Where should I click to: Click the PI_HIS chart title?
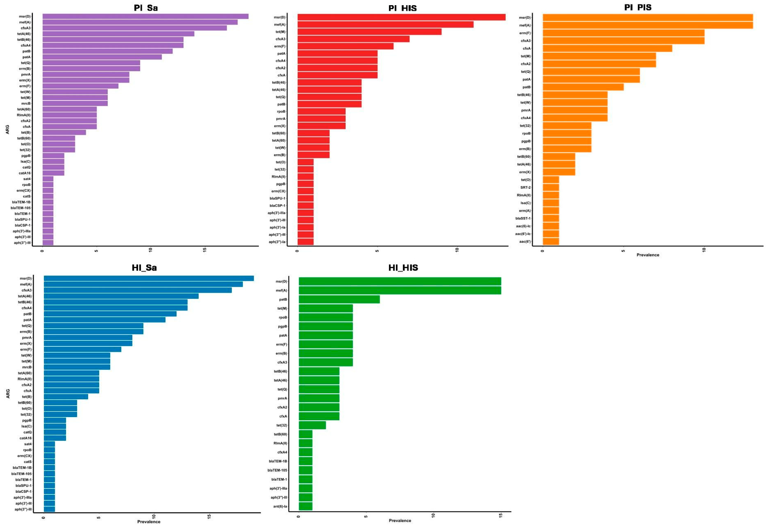[x=402, y=8]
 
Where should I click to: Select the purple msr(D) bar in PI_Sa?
[x=145, y=16]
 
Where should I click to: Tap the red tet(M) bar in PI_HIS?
[x=369, y=32]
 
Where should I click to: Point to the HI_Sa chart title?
[x=144, y=268]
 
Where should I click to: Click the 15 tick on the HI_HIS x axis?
[x=501, y=515]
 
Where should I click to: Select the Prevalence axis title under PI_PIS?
[x=647, y=255]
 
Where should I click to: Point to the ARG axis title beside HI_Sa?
[x=8, y=394]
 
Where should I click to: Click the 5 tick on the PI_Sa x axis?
[x=96, y=250]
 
